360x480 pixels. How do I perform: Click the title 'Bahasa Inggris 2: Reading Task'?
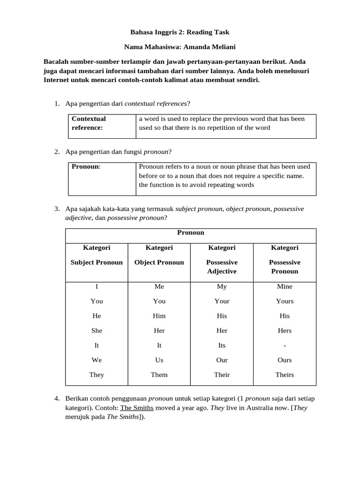click(x=180, y=32)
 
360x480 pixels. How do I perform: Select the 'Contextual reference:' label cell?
click(x=89, y=123)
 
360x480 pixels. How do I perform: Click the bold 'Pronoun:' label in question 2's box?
click(x=86, y=166)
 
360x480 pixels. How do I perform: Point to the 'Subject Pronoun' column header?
click(x=97, y=262)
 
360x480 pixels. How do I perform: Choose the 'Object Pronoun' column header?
click(x=159, y=262)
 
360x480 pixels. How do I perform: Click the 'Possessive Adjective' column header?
click(x=222, y=267)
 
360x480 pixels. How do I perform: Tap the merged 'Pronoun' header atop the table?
click(x=190, y=232)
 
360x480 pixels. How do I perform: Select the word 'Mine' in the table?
click(x=285, y=286)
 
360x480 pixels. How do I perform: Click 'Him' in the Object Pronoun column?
click(x=159, y=316)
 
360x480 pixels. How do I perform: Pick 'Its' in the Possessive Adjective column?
click(x=222, y=345)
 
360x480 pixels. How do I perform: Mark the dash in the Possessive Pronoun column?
click(x=285, y=345)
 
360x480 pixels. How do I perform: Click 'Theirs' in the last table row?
click(x=285, y=375)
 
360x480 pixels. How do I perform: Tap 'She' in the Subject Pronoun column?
click(x=97, y=330)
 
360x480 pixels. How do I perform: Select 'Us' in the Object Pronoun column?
click(x=159, y=360)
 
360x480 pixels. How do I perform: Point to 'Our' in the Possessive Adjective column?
click(x=222, y=360)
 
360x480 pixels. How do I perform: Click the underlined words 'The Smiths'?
click(x=137, y=408)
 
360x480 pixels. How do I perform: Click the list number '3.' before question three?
click(x=57, y=209)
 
